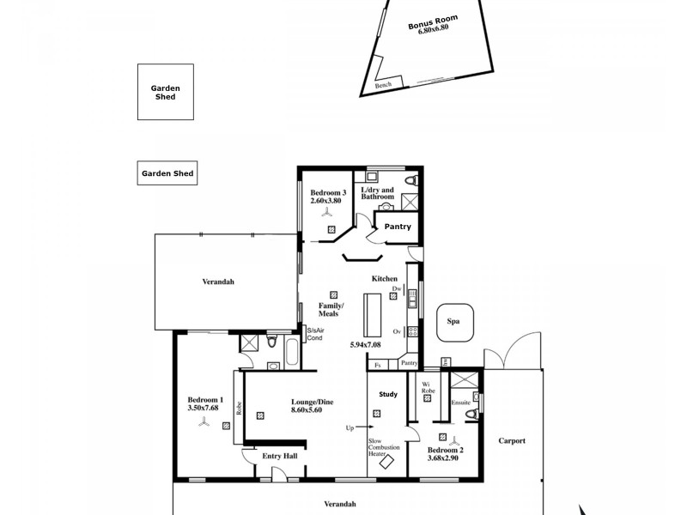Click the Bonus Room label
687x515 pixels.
coord(433,21)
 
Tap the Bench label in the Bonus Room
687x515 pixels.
coord(383,85)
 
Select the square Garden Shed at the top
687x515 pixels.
coord(165,92)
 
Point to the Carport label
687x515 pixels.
coord(512,441)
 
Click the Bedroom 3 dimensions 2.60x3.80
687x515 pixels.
coord(328,201)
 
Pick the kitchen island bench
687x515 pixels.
coord(371,317)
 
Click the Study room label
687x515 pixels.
coord(388,395)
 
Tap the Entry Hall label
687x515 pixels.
coord(280,456)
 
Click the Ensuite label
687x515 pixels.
coord(461,400)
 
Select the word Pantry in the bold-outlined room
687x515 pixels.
coord(398,227)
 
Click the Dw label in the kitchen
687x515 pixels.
coord(397,290)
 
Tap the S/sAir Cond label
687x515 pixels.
coord(315,333)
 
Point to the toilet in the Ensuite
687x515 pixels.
coord(470,416)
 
